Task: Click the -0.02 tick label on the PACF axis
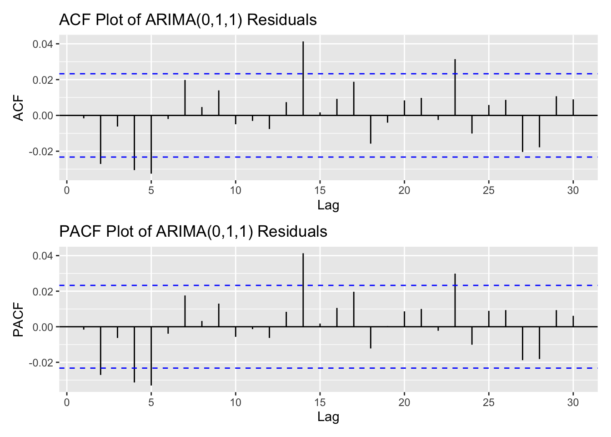point(41,363)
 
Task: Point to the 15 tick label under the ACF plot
point(320,190)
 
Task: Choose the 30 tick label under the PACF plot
point(573,402)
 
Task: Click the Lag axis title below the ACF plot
point(328,205)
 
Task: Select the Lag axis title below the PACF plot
point(328,417)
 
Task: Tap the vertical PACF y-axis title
point(18,324)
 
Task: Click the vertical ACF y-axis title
point(18,109)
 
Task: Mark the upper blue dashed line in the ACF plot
point(409,74)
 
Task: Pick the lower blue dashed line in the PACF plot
point(409,368)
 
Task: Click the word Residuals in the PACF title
point(292,232)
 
